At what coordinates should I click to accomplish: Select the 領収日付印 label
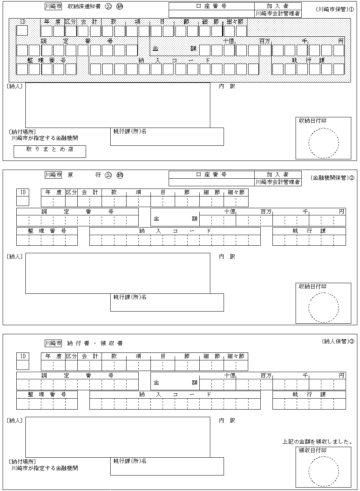click(x=313, y=450)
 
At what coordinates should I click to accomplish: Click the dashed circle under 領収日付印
click(x=324, y=471)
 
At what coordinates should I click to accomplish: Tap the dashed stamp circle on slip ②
click(x=324, y=307)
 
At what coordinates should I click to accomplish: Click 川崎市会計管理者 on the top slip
click(x=278, y=14)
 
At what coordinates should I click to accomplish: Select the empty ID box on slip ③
click(x=23, y=365)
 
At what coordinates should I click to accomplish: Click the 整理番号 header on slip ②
click(x=47, y=231)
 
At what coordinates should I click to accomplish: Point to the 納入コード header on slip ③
click(x=175, y=394)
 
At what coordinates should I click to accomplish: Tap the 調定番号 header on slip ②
click(x=77, y=212)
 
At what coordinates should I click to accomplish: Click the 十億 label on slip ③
click(x=229, y=376)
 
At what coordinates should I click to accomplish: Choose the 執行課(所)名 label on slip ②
click(x=130, y=297)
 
